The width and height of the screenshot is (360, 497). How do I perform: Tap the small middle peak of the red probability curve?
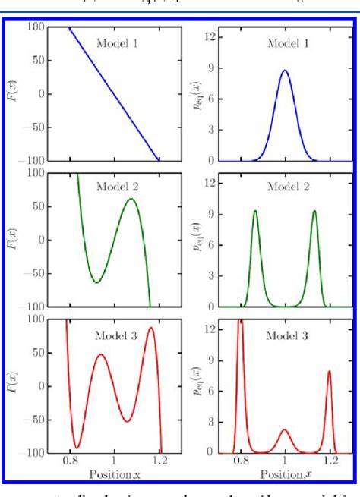pos(285,430)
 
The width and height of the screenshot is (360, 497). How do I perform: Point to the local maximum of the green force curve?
pos(131,199)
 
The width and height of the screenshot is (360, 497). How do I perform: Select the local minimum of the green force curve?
pos(96,282)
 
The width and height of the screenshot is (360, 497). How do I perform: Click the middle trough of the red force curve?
pos(127,421)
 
